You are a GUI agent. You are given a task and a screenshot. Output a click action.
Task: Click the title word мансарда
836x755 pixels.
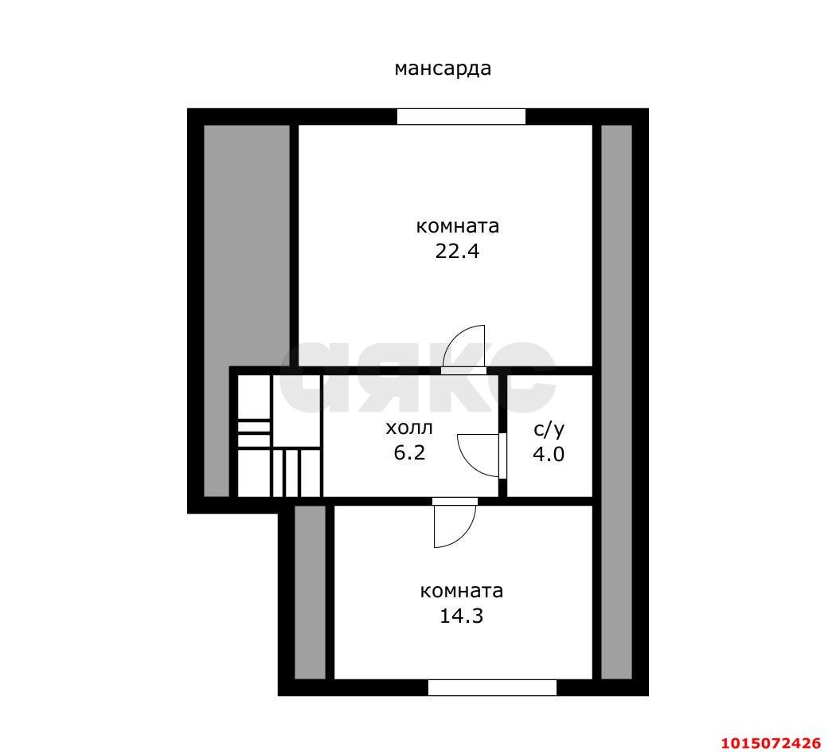[443, 68]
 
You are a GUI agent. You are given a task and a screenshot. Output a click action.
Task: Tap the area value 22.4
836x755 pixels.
[457, 251]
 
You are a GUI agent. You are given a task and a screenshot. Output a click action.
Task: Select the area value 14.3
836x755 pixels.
[461, 616]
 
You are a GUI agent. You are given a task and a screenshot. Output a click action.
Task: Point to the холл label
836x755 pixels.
[409, 428]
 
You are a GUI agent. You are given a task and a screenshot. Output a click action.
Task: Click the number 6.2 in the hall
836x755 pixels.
[409, 452]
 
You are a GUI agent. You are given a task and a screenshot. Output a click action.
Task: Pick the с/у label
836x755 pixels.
[549, 429]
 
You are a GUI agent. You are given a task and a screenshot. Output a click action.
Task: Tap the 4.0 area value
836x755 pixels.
[549, 454]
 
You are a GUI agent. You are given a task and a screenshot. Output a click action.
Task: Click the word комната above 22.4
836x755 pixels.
[458, 226]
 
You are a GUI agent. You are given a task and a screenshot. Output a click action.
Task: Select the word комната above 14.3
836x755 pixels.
[462, 591]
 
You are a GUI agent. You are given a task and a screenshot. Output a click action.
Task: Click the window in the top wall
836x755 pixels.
[461, 117]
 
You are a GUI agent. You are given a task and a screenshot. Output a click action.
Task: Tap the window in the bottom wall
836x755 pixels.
[492, 687]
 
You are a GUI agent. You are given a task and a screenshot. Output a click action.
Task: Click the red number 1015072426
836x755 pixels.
[771, 743]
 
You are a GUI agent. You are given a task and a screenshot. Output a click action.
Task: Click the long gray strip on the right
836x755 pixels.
[616, 402]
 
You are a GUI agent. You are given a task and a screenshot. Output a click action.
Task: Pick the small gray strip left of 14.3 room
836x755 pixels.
[310, 592]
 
